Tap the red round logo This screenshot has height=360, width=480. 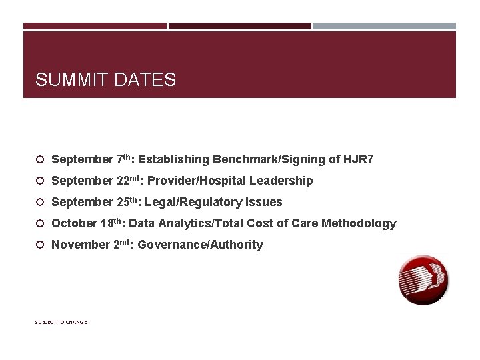(423, 281)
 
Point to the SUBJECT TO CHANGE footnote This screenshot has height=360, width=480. (61, 323)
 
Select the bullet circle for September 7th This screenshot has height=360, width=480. (40, 160)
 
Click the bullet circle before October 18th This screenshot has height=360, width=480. (40, 224)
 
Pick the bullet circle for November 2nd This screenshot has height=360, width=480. (40, 245)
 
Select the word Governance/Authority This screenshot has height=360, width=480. (200, 245)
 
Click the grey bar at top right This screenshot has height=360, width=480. (385, 26)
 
